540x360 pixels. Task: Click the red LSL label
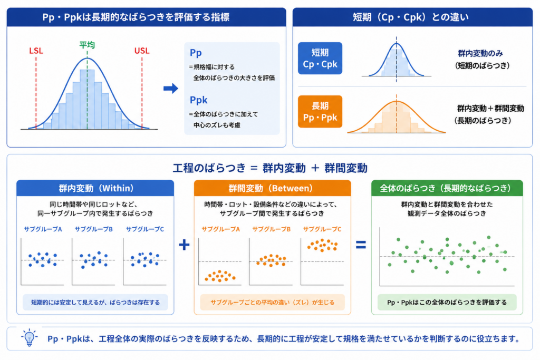click(x=36, y=51)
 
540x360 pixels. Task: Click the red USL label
click(x=141, y=51)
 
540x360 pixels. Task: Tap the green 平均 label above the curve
click(x=87, y=45)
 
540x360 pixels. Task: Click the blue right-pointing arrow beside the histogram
click(x=170, y=89)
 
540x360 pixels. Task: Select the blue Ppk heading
click(x=198, y=100)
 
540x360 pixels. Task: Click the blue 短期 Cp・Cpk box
click(x=320, y=58)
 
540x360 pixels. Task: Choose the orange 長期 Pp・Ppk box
click(x=320, y=112)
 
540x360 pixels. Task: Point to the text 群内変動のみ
click(x=480, y=53)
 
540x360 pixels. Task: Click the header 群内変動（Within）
click(x=95, y=188)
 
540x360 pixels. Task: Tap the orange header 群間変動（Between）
click(x=273, y=188)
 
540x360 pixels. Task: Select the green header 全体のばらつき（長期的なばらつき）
click(x=447, y=188)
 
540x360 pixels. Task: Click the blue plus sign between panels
click(x=184, y=245)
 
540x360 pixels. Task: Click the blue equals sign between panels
click(x=361, y=245)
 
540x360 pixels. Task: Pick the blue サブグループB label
click(x=94, y=229)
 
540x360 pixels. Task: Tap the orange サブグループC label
click(x=322, y=229)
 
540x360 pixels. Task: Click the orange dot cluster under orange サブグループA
click(x=220, y=276)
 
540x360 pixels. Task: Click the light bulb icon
click(x=30, y=338)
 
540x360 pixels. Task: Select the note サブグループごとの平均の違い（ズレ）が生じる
click(x=273, y=302)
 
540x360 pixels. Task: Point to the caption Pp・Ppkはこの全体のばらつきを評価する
click(x=447, y=302)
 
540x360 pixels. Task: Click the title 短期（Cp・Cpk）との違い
click(x=411, y=17)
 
